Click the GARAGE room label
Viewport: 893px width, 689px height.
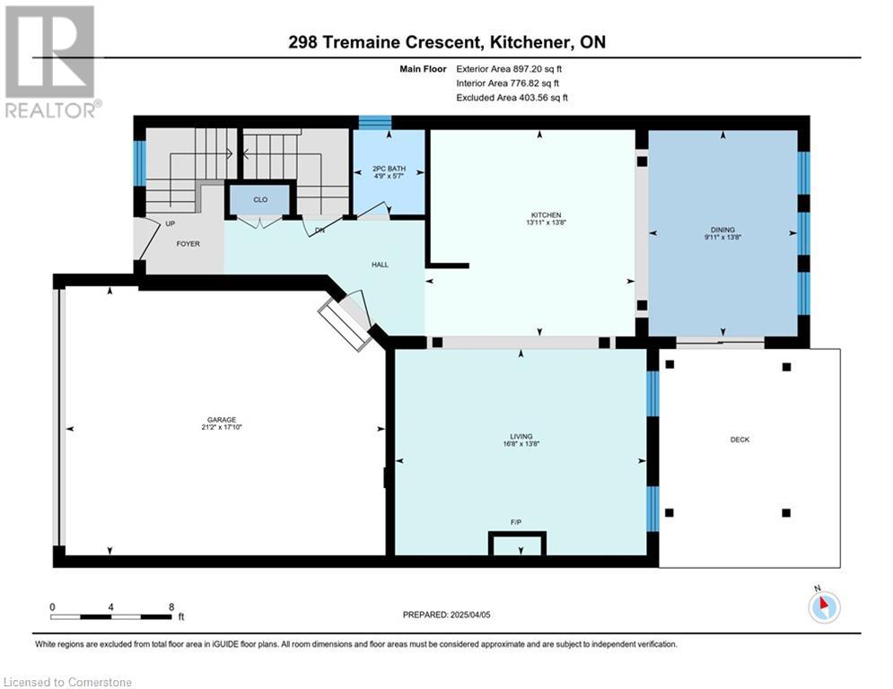(x=222, y=420)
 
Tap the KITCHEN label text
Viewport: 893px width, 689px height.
(x=547, y=214)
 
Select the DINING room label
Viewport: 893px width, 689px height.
(x=722, y=230)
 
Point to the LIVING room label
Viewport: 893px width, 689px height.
(x=521, y=436)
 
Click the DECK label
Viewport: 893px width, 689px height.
(x=740, y=440)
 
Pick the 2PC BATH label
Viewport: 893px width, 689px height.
(x=389, y=169)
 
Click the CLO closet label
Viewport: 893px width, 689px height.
(x=260, y=200)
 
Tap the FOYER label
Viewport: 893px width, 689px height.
(x=188, y=244)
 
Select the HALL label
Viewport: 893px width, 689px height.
(x=380, y=265)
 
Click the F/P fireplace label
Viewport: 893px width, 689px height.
(x=515, y=522)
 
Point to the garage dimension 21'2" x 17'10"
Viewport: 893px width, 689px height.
(x=222, y=427)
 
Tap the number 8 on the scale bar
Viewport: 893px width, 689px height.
(x=171, y=607)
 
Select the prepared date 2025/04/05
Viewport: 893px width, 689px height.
(x=470, y=615)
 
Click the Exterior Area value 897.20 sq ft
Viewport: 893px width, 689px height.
(x=538, y=69)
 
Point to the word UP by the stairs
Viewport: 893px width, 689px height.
(x=170, y=223)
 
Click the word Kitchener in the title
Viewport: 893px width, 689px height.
(x=530, y=42)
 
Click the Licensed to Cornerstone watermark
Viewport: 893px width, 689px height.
(x=67, y=682)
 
